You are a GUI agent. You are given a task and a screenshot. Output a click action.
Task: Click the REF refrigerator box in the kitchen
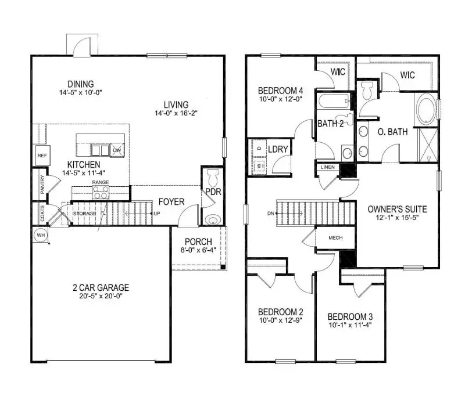[42, 156]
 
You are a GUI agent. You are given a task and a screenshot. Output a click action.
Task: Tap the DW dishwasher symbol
[117, 150]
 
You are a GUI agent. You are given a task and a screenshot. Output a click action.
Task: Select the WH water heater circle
[41, 235]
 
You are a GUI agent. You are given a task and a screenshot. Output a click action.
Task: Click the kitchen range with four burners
[101, 193]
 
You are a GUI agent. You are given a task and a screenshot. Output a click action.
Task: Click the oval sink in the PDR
[213, 220]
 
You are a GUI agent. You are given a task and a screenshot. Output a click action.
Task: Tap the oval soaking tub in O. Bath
[425, 110]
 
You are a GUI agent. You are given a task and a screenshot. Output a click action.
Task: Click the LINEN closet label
[327, 167]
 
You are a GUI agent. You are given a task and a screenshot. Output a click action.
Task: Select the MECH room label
[335, 238]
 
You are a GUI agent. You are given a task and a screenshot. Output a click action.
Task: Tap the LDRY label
[278, 149]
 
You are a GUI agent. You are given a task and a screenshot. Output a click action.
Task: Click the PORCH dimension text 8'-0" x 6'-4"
[198, 250]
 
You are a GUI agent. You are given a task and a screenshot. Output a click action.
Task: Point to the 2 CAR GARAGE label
[101, 287]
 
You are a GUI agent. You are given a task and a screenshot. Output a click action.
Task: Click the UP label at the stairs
[157, 214]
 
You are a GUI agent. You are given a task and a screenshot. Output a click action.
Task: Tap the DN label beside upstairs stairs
[271, 214]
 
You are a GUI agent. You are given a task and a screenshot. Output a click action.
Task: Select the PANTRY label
[42, 185]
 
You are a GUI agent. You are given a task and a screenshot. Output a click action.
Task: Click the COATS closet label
[42, 213]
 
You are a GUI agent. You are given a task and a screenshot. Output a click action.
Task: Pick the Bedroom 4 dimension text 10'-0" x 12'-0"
[281, 99]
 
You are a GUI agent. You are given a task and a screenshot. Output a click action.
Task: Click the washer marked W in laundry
[259, 165]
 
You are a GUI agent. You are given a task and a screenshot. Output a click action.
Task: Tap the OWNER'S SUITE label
[398, 209]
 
